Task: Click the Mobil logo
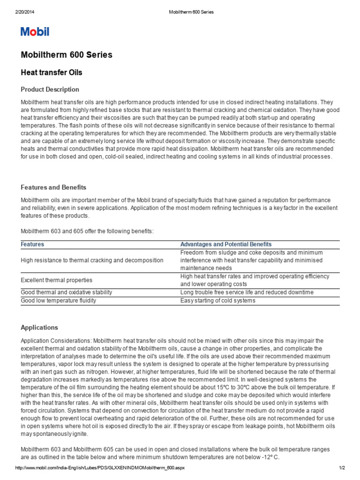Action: point(35,32)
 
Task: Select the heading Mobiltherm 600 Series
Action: point(67,55)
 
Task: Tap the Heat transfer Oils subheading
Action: point(52,73)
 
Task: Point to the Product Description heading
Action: point(50,90)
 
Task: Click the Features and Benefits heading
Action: point(53,187)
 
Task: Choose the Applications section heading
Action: point(39,328)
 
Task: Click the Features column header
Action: point(33,245)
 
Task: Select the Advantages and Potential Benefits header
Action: point(226,245)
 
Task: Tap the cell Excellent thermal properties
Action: point(57,280)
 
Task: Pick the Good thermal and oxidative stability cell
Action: point(67,292)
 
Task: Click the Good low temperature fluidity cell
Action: point(59,300)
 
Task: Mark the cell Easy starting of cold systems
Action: point(218,300)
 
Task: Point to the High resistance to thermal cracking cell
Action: point(92,260)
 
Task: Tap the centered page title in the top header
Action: point(190,12)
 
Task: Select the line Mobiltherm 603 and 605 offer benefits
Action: point(87,232)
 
